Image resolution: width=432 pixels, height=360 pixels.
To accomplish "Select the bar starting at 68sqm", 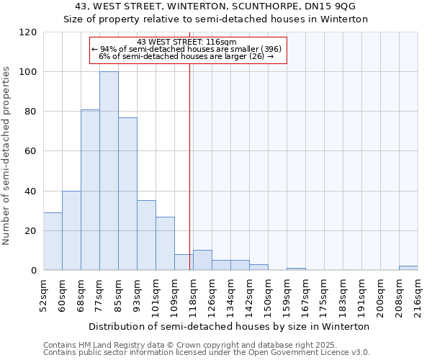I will coord(90,190).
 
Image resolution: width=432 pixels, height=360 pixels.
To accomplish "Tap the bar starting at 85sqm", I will coord(127,194).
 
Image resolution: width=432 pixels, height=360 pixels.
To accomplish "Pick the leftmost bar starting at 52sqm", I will coord(53,241).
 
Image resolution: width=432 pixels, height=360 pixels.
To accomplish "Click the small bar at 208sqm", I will coord(408,268).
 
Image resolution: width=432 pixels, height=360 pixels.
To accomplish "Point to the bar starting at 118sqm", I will coord(202,261).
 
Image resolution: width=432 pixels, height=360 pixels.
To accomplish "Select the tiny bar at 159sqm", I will coord(296,269).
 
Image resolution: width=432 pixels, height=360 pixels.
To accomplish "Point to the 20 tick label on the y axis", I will coord(30,231).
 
